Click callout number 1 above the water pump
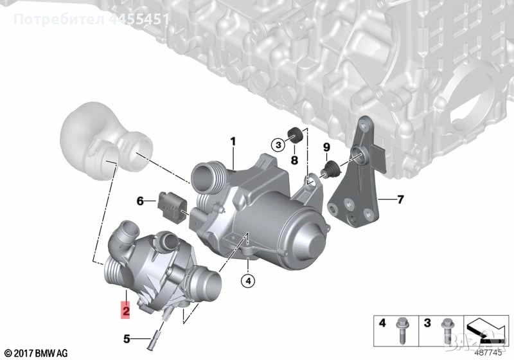tap(233, 141)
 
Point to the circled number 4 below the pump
tap(247, 280)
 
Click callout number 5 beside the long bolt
tap(127, 337)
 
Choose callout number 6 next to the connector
tap(140, 201)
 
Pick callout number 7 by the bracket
tap(400, 200)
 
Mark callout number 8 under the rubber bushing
tap(295, 159)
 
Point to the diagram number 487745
tap(489, 352)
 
